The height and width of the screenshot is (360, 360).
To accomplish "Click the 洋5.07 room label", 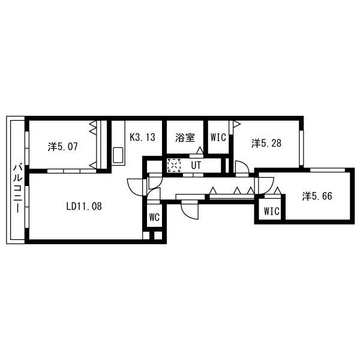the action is coord(62,146).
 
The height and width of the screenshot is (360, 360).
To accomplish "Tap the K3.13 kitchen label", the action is coord(143,137).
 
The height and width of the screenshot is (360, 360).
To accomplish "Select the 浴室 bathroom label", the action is coord(185,137).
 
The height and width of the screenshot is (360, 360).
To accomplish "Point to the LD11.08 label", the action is coord(84,206).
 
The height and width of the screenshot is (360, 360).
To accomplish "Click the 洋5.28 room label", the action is coord(266,143).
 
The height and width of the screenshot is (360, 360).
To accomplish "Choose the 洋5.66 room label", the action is coord(317,196).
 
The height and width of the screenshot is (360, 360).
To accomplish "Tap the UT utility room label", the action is coord(196,165).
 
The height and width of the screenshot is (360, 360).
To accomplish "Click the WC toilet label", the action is coord(154,217).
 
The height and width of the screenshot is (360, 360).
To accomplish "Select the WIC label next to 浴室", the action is coord(218,137).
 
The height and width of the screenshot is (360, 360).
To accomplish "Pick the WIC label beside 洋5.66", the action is coord(272,211).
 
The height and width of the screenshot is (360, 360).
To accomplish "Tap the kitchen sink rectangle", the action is coord(118,155).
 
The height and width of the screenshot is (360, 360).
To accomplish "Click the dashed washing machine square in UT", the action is coord(174,165).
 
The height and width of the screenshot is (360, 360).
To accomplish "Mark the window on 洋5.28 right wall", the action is coord(301,148).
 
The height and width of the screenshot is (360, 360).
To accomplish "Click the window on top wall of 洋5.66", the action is coord(328,170).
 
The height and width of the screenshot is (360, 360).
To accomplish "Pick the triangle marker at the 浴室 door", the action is coord(200,150).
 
